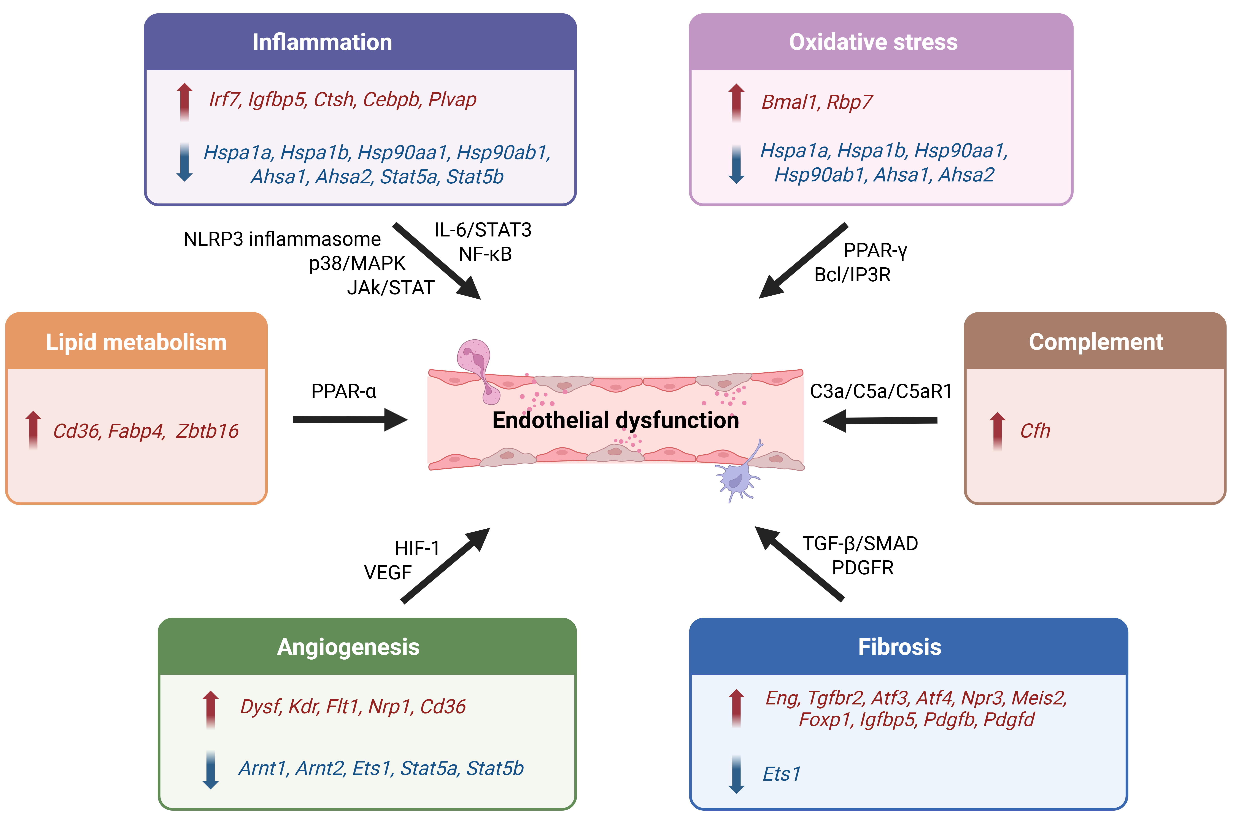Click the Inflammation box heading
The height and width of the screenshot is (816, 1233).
(x=322, y=42)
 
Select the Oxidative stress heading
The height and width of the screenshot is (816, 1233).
(x=873, y=42)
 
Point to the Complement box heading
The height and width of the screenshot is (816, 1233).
(x=1095, y=342)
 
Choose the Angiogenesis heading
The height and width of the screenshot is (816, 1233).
(x=348, y=647)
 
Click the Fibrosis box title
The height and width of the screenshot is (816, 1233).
(x=900, y=647)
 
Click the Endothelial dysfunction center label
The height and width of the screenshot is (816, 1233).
(x=615, y=420)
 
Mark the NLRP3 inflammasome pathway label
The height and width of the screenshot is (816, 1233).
(x=282, y=239)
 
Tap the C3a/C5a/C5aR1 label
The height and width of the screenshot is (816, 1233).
(x=880, y=391)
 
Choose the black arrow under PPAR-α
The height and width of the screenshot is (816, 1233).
(x=349, y=419)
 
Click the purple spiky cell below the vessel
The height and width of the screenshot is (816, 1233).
(x=736, y=479)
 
